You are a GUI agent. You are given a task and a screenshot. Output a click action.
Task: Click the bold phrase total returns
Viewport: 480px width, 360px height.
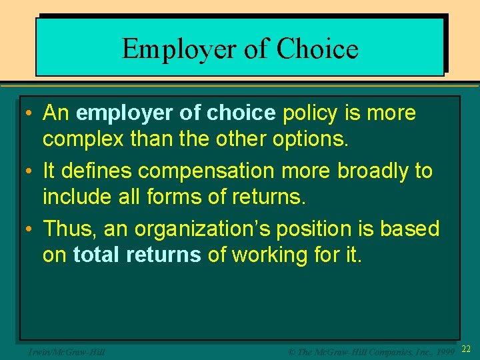(137, 255)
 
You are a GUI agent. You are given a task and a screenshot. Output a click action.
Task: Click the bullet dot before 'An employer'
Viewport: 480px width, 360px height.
(31, 114)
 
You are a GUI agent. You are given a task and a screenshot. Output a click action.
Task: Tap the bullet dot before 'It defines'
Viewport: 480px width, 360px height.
(31, 171)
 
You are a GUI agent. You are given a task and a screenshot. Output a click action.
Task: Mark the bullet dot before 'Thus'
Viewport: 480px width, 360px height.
(31, 229)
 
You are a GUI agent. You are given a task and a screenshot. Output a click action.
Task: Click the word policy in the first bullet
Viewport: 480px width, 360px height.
(311, 113)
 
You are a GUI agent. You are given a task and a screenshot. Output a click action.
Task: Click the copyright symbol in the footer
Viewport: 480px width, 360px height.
(291, 351)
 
